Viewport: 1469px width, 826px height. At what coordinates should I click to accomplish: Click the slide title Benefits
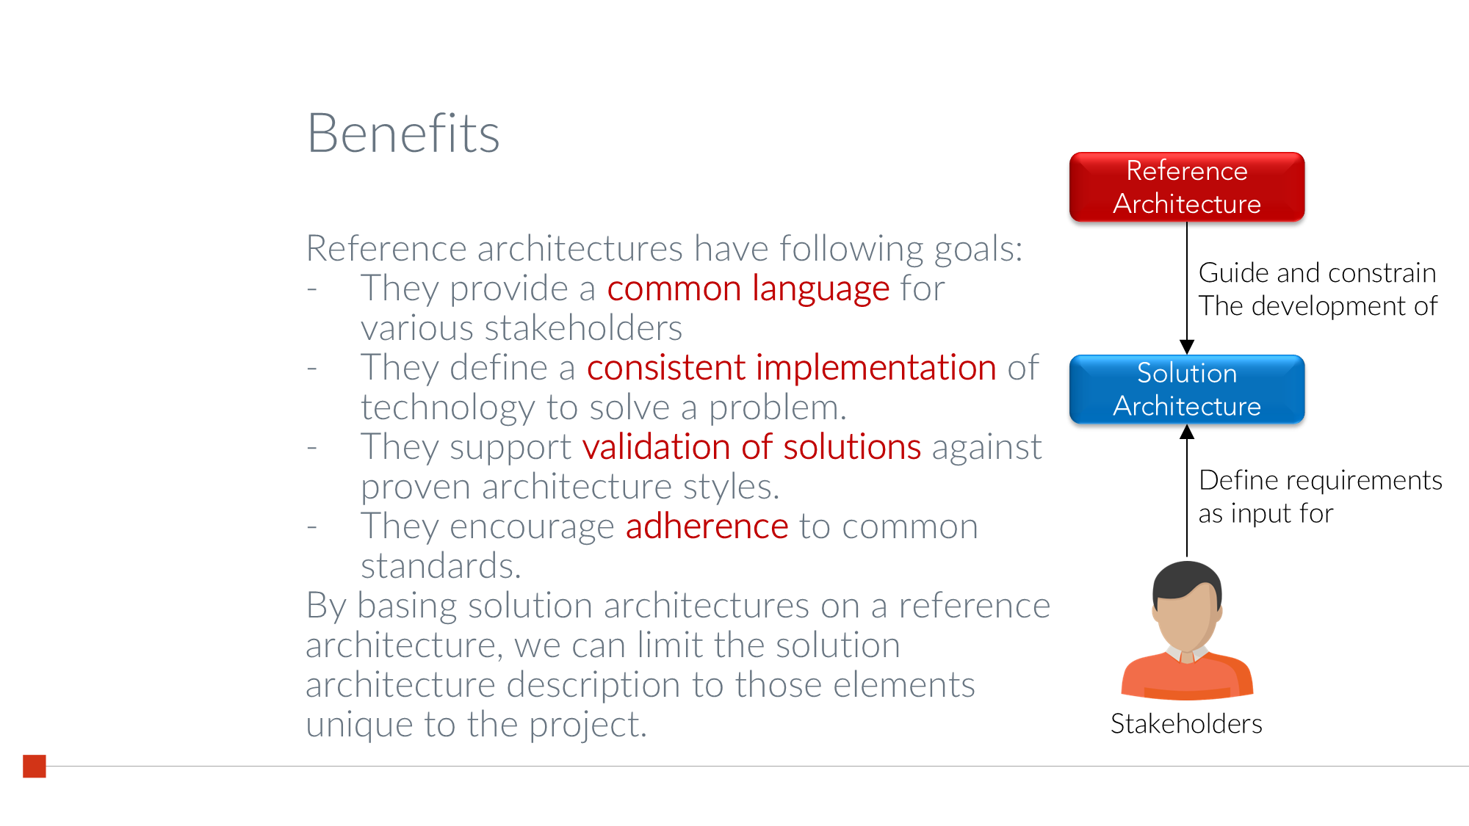(403, 134)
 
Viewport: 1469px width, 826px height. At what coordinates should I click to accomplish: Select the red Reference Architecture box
(1186, 187)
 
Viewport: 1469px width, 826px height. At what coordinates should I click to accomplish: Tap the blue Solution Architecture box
(1186, 390)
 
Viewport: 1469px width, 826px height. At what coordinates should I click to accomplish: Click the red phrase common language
(748, 289)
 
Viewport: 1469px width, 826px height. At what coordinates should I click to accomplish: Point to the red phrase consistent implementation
(791, 368)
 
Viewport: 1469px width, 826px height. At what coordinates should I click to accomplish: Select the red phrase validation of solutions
(751, 447)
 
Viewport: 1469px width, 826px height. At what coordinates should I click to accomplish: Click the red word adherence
(707, 526)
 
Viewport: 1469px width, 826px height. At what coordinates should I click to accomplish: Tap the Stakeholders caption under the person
(1185, 724)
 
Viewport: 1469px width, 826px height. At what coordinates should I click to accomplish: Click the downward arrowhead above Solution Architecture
(1186, 347)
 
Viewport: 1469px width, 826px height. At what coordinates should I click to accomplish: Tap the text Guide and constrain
(1316, 273)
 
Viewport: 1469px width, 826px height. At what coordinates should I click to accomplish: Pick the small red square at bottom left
(35, 766)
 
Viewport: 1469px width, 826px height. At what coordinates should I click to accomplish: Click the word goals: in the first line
(978, 249)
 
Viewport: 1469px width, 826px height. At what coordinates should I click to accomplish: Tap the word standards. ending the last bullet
(441, 566)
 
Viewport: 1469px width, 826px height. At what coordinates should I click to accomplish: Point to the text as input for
(1265, 513)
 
